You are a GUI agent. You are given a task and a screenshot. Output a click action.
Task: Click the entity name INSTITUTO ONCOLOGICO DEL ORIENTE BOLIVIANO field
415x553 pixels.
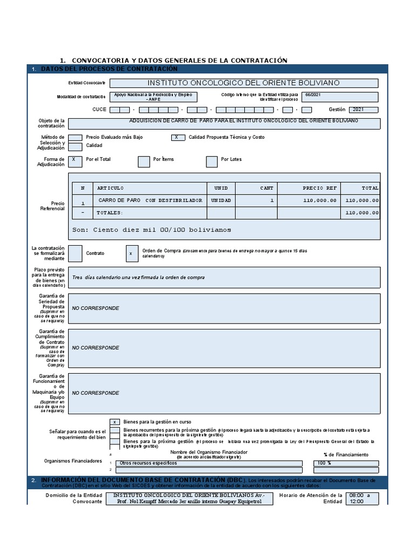pyautogui.click(x=244, y=83)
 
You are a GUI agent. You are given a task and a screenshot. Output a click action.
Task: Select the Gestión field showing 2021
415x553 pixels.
pyautogui.click(x=363, y=110)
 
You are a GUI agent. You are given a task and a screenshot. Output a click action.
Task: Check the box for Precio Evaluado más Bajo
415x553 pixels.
pyautogui.click(x=76, y=137)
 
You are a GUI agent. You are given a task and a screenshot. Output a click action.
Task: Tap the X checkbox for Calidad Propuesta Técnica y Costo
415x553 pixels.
pyautogui.click(x=178, y=137)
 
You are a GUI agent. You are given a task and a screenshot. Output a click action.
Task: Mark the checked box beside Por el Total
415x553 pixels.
pyautogui.click(x=75, y=161)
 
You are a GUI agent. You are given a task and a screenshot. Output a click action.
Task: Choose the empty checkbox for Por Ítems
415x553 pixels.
pyautogui.click(x=144, y=161)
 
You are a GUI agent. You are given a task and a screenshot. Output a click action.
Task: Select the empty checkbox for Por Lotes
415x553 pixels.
pyautogui.click(x=212, y=161)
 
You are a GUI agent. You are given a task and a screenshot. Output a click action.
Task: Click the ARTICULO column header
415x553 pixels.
pyautogui.click(x=111, y=188)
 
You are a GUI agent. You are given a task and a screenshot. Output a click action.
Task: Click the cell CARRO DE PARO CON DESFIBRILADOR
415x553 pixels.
pyautogui.click(x=150, y=200)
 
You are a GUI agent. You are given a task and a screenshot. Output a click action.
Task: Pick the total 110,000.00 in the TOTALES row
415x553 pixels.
pyautogui.click(x=362, y=213)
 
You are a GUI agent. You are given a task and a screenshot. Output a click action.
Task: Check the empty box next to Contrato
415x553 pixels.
pyautogui.click(x=76, y=253)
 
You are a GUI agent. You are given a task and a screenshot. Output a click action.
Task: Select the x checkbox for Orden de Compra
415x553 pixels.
pyautogui.click(x=132, y=253)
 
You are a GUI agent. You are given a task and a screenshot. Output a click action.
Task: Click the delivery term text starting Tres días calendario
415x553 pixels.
pyautogui.click(x=138, y=278)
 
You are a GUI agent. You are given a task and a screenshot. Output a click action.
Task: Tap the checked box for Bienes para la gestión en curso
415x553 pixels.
pyautogui.click(x=115, y=422)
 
